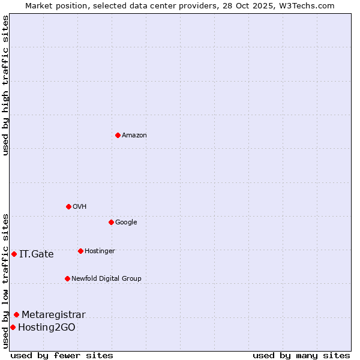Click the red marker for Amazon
point(118,135)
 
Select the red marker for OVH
point(68,206)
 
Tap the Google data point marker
point(111,222)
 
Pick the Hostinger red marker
point(80,251)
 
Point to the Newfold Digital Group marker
point(67,278)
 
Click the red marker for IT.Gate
point(14,254)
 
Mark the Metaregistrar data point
point(16,314)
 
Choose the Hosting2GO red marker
point(13,327)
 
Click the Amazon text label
point(134,136)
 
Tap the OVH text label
point(80,207)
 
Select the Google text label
point(126,223)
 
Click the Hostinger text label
point(100,251)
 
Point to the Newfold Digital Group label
point(106,279)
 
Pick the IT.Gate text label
point(37,254)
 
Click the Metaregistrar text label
point(53,315)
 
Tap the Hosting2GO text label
point(47,328)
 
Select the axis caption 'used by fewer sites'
point(62,355)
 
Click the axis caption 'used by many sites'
point(301,355)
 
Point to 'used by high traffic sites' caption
point(5,85)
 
